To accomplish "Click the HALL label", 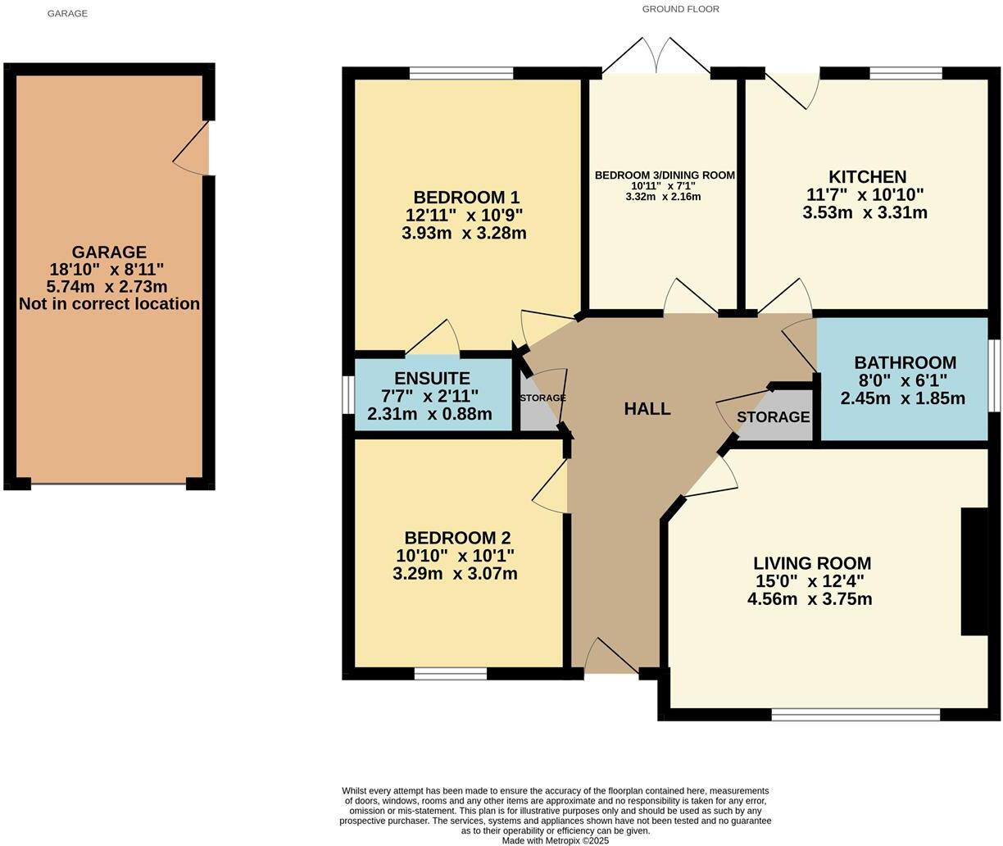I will point(647,408).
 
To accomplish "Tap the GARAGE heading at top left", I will point(67,13).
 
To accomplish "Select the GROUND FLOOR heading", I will point(680,9).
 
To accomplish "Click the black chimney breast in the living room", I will point(974,571).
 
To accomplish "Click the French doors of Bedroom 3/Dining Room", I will point(656,57).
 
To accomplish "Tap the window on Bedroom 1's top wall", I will point(461,74).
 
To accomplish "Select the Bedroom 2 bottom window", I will point(450,674).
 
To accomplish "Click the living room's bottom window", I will point(855,715).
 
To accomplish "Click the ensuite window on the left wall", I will point(347,395).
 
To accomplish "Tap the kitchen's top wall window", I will point(905,74).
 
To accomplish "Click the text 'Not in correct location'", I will point(109,304).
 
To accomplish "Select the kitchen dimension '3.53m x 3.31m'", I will point(865,213).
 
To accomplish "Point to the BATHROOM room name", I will point(905,362).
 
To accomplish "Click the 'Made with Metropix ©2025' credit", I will point(555,840).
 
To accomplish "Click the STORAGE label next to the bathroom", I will point(773,417).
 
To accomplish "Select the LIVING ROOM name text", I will point(811,563).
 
